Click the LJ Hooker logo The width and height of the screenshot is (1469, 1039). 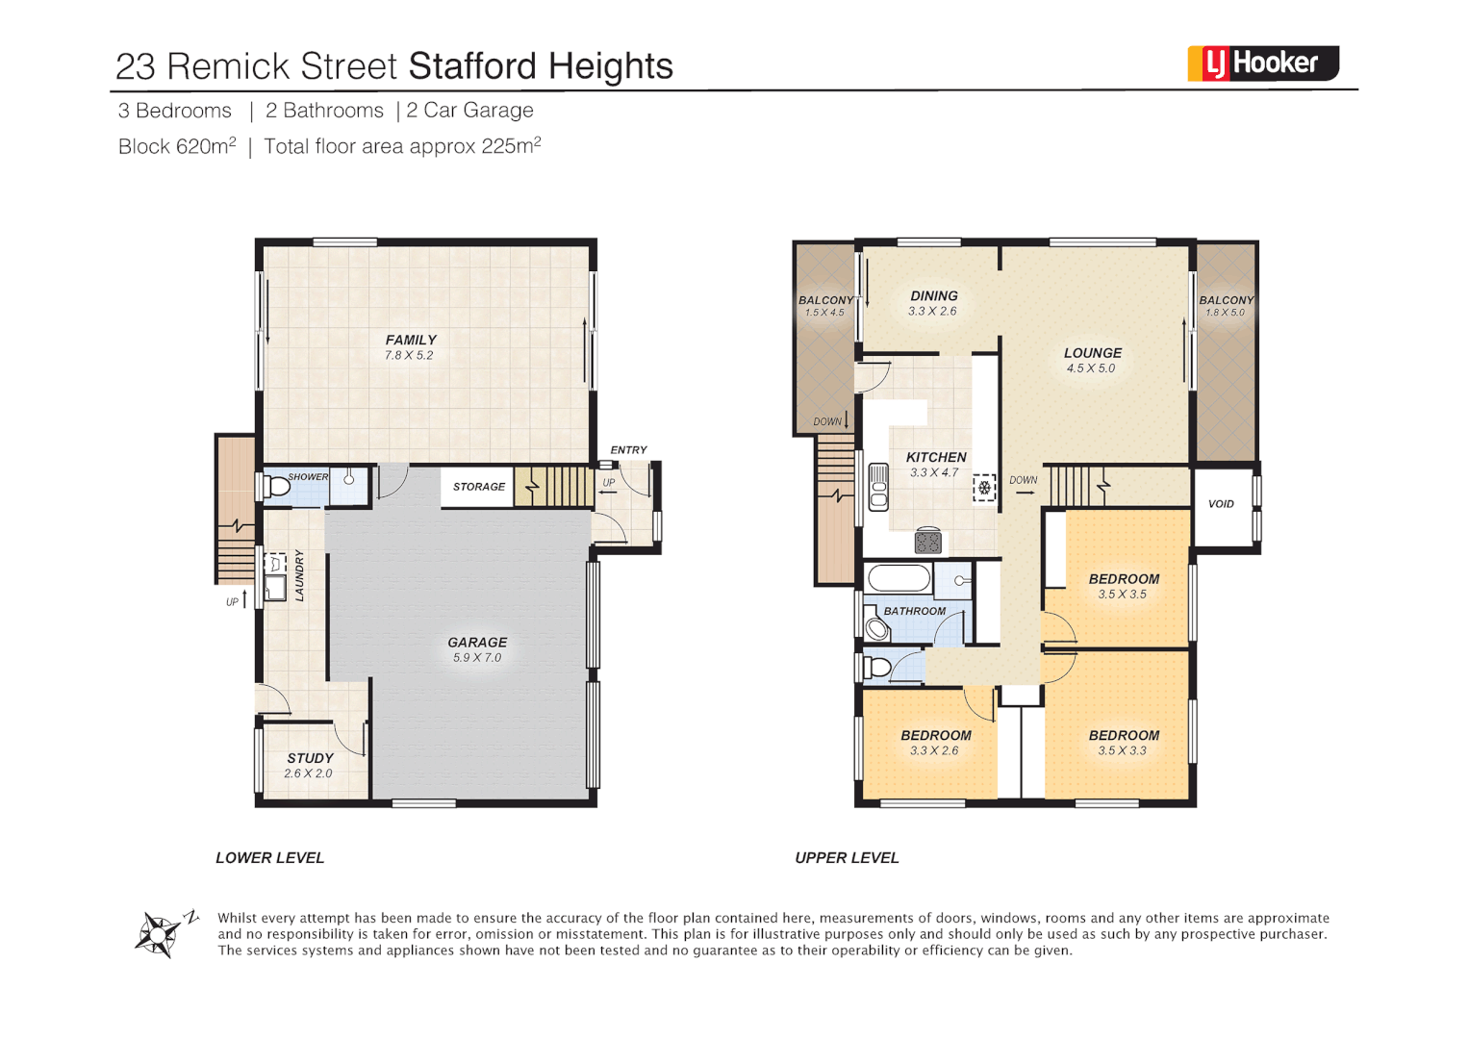coord(1262,63)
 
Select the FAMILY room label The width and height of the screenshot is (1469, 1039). coord(411,340)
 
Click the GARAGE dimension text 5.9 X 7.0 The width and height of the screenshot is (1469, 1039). coord(477,658)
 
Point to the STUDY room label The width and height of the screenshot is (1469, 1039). coord(310,758)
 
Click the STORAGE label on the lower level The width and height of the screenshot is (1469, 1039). coord(479,487)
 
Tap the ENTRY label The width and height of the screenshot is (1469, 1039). coord(628,450)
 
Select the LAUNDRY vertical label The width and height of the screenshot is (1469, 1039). coord(299,575)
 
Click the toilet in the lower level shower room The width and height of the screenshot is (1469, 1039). coord(277,487)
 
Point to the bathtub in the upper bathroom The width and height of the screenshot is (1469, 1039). coord(899,578)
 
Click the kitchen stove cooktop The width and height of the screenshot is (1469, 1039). coord(927,542)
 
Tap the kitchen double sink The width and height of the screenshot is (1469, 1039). coord(878,487)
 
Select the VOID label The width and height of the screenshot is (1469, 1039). coord(1221,504)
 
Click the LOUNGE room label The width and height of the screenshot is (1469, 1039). coord(1092,353)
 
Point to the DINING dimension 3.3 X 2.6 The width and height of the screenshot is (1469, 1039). coord(932,312)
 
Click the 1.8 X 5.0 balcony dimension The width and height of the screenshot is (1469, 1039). coord(1225,313)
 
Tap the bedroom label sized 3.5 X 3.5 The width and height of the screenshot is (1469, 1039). coord(1124,579)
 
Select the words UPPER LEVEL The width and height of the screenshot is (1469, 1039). coord(847,857)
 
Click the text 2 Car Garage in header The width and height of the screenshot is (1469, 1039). coord(469,111)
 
